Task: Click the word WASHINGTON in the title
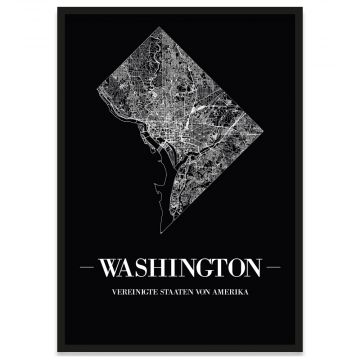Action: pos(181,267)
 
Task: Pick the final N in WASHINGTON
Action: pos(250,267)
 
